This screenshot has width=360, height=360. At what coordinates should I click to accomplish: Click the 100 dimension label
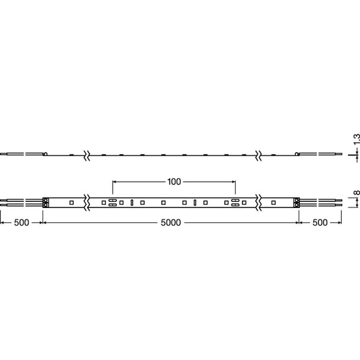(174, 182)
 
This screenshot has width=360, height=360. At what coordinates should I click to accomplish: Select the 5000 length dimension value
(171, 222)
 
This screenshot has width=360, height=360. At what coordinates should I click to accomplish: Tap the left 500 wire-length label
(22, 222)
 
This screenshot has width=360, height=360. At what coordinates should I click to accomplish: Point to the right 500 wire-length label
(320, 222)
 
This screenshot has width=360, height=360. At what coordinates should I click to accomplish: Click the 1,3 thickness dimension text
(357, 139)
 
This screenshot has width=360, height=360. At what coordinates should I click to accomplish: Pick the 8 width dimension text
(357, 192)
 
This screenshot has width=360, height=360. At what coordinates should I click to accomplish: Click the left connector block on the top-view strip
(46, 203)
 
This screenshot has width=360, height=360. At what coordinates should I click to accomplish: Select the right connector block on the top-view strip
(297, 203)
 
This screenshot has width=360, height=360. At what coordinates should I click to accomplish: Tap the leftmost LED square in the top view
(72, 203)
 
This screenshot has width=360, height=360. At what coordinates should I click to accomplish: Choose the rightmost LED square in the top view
(274, 203)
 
